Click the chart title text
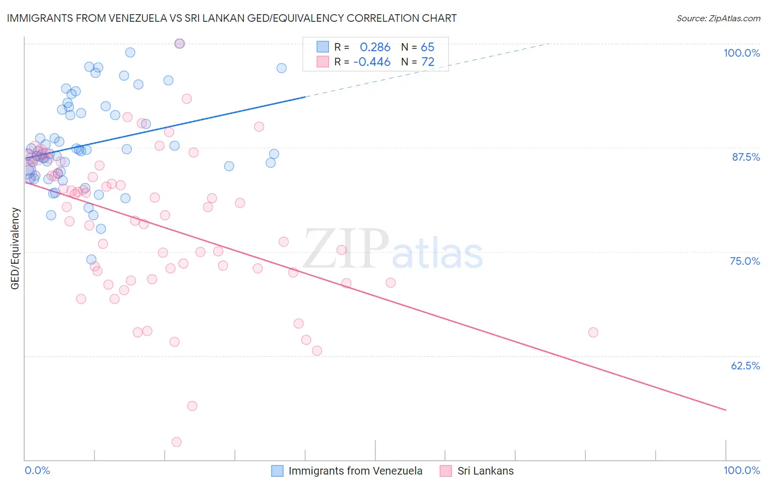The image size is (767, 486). [232, 18]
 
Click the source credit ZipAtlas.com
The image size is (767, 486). [718, 18]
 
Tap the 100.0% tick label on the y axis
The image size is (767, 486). [741, 53]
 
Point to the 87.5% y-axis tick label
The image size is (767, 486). [746, 157]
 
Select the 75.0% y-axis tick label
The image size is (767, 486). [745, 261]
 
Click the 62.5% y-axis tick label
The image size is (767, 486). [745, 366]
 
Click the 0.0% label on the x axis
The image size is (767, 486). [37, 470]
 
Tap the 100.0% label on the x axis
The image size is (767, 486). [741, 470]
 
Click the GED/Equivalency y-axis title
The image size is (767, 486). [15, 248]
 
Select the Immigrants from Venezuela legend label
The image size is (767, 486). [355, 471]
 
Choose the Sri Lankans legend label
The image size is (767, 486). [486, 471]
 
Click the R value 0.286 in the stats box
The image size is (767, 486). [375, 47]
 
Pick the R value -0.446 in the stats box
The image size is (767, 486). [371, 62]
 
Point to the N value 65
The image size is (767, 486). [427, 47]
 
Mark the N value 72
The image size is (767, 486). [427, 62]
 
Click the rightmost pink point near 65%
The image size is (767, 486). [593, 332]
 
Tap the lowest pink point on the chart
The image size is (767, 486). [176, 442]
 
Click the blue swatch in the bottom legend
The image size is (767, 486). [278, 471]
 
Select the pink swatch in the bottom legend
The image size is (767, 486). [446, 471]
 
